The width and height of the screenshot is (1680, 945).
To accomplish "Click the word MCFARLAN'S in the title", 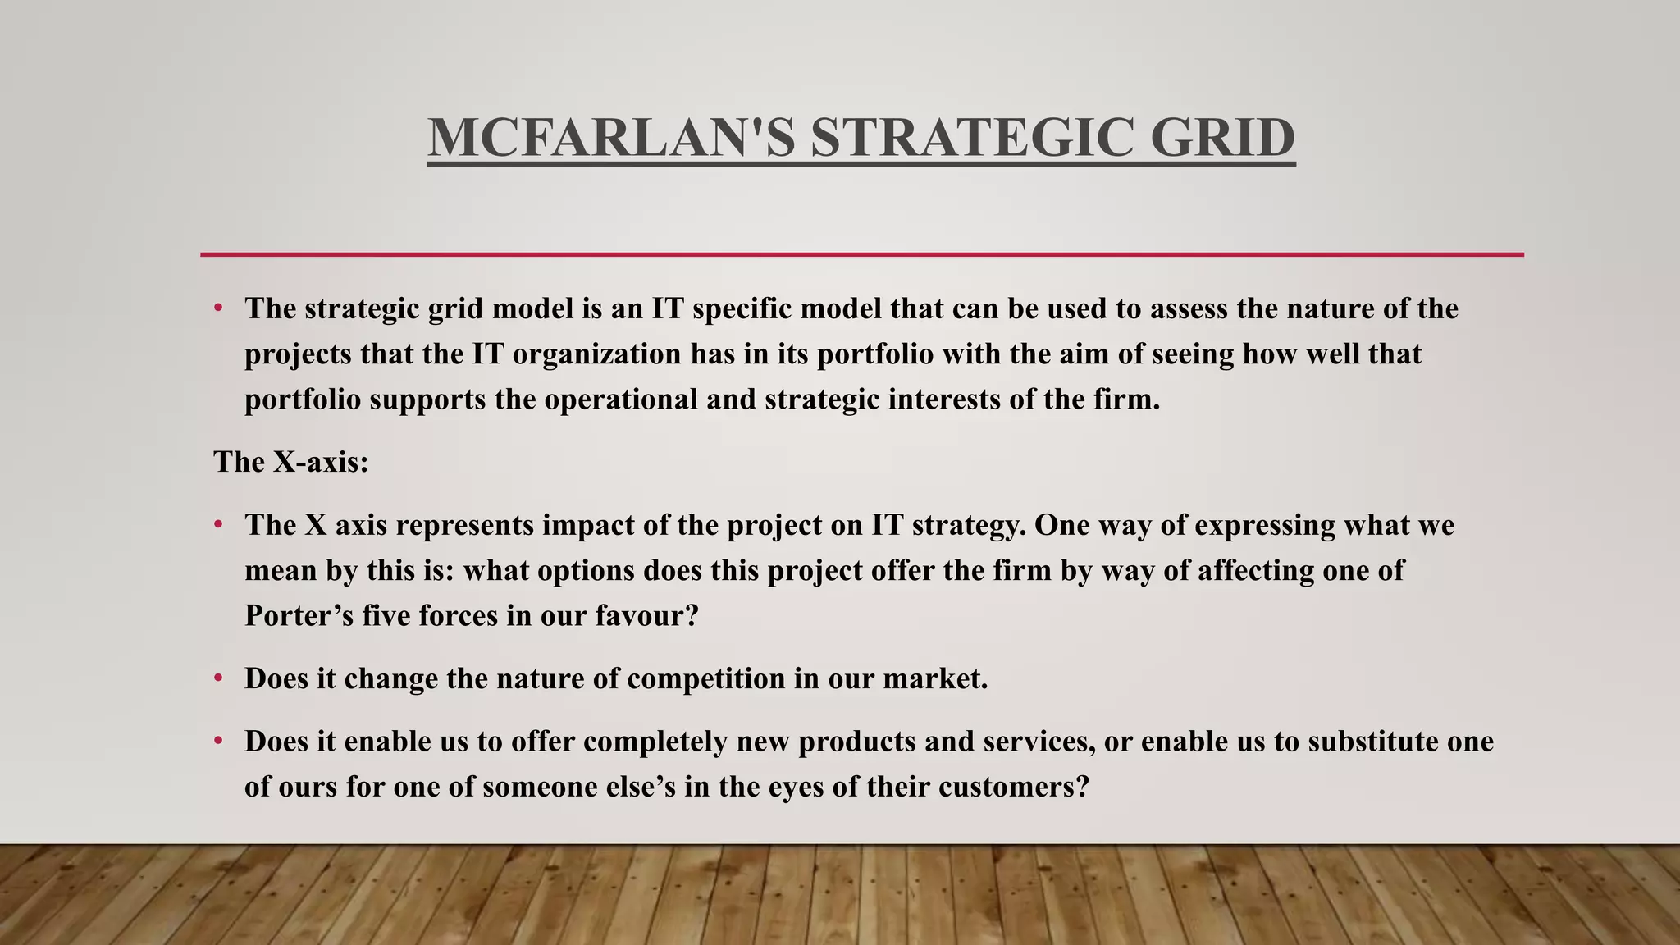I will [611, 138].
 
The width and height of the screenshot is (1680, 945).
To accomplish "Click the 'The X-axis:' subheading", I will [291, 462].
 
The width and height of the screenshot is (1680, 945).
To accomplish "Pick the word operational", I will [620, 400].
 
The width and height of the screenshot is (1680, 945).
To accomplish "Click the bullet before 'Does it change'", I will [218, 678].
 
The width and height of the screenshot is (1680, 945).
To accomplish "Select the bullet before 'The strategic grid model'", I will [218, 308].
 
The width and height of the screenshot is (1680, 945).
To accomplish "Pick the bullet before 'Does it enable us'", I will [218, 741].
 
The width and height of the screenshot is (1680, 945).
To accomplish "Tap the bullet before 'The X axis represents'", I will [218, 524].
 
